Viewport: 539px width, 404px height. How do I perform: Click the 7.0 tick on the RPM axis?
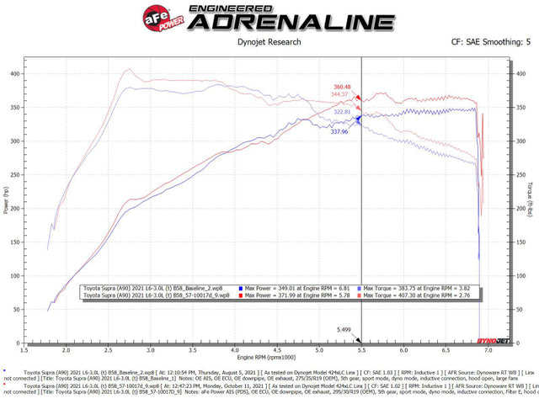(x=488, y=350)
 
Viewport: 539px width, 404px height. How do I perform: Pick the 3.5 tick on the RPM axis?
(x=193, y=350)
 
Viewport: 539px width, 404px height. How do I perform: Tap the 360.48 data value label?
(x=341, y=88)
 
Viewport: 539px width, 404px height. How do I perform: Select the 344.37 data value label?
(x=340, y=94)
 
